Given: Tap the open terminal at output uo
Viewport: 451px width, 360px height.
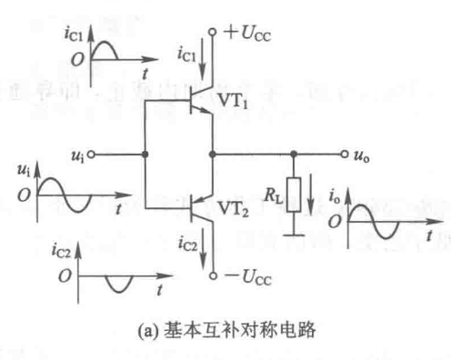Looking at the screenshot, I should [344, 155].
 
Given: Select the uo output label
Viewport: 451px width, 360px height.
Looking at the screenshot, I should [362, 155].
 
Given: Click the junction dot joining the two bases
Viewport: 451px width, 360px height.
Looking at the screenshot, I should [145, 155].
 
